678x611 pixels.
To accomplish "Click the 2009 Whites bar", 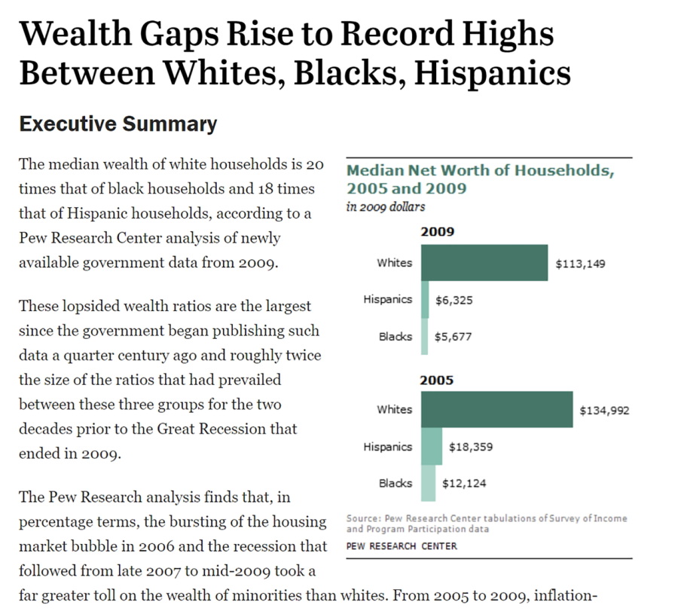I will point(484,263).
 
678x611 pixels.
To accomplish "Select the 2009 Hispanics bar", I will point(425,300).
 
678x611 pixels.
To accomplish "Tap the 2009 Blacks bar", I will point(425,337).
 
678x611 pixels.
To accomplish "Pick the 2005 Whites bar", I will point(496,410).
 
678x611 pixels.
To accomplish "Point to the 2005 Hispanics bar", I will point(432,447).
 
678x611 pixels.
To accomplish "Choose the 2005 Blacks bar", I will point(428,484).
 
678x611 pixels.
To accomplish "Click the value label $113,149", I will point(580,264).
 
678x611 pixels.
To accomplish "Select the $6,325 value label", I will point(454,300).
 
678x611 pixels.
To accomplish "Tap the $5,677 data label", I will point(454,337).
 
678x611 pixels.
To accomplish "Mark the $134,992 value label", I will point(604,411).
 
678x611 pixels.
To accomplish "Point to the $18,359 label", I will point(471,447).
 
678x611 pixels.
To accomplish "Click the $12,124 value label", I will point(464,484).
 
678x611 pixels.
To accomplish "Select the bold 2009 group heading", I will point(437,232).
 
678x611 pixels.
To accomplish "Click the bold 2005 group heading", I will point(437,380).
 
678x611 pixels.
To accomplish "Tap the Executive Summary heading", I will point(118,124).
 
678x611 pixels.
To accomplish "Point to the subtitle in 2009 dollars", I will point(386,206).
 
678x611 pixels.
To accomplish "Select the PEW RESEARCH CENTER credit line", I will point(402,545).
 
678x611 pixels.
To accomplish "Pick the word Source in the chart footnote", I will point(362,518).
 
